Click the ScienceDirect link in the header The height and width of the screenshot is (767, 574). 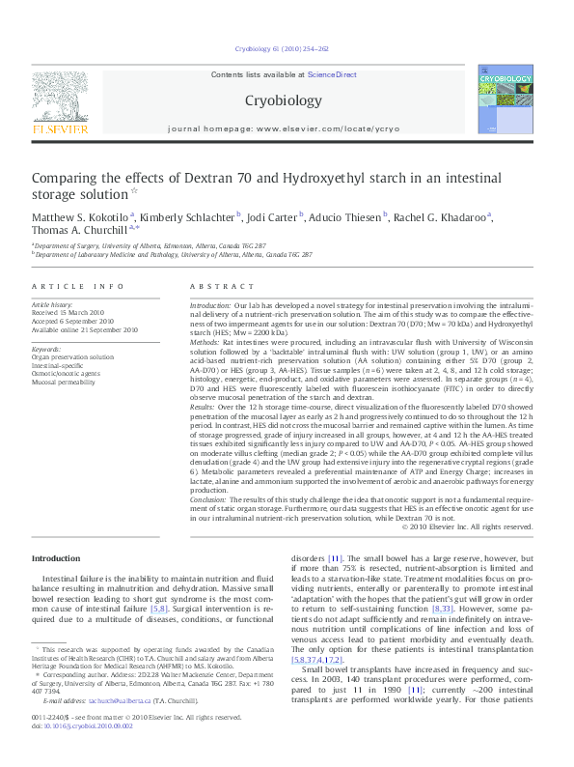pos(332,74)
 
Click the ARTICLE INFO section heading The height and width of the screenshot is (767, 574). pos(78,287)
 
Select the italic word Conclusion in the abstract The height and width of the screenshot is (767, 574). pos(210,501)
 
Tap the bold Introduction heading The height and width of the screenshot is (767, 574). pos(57,559)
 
